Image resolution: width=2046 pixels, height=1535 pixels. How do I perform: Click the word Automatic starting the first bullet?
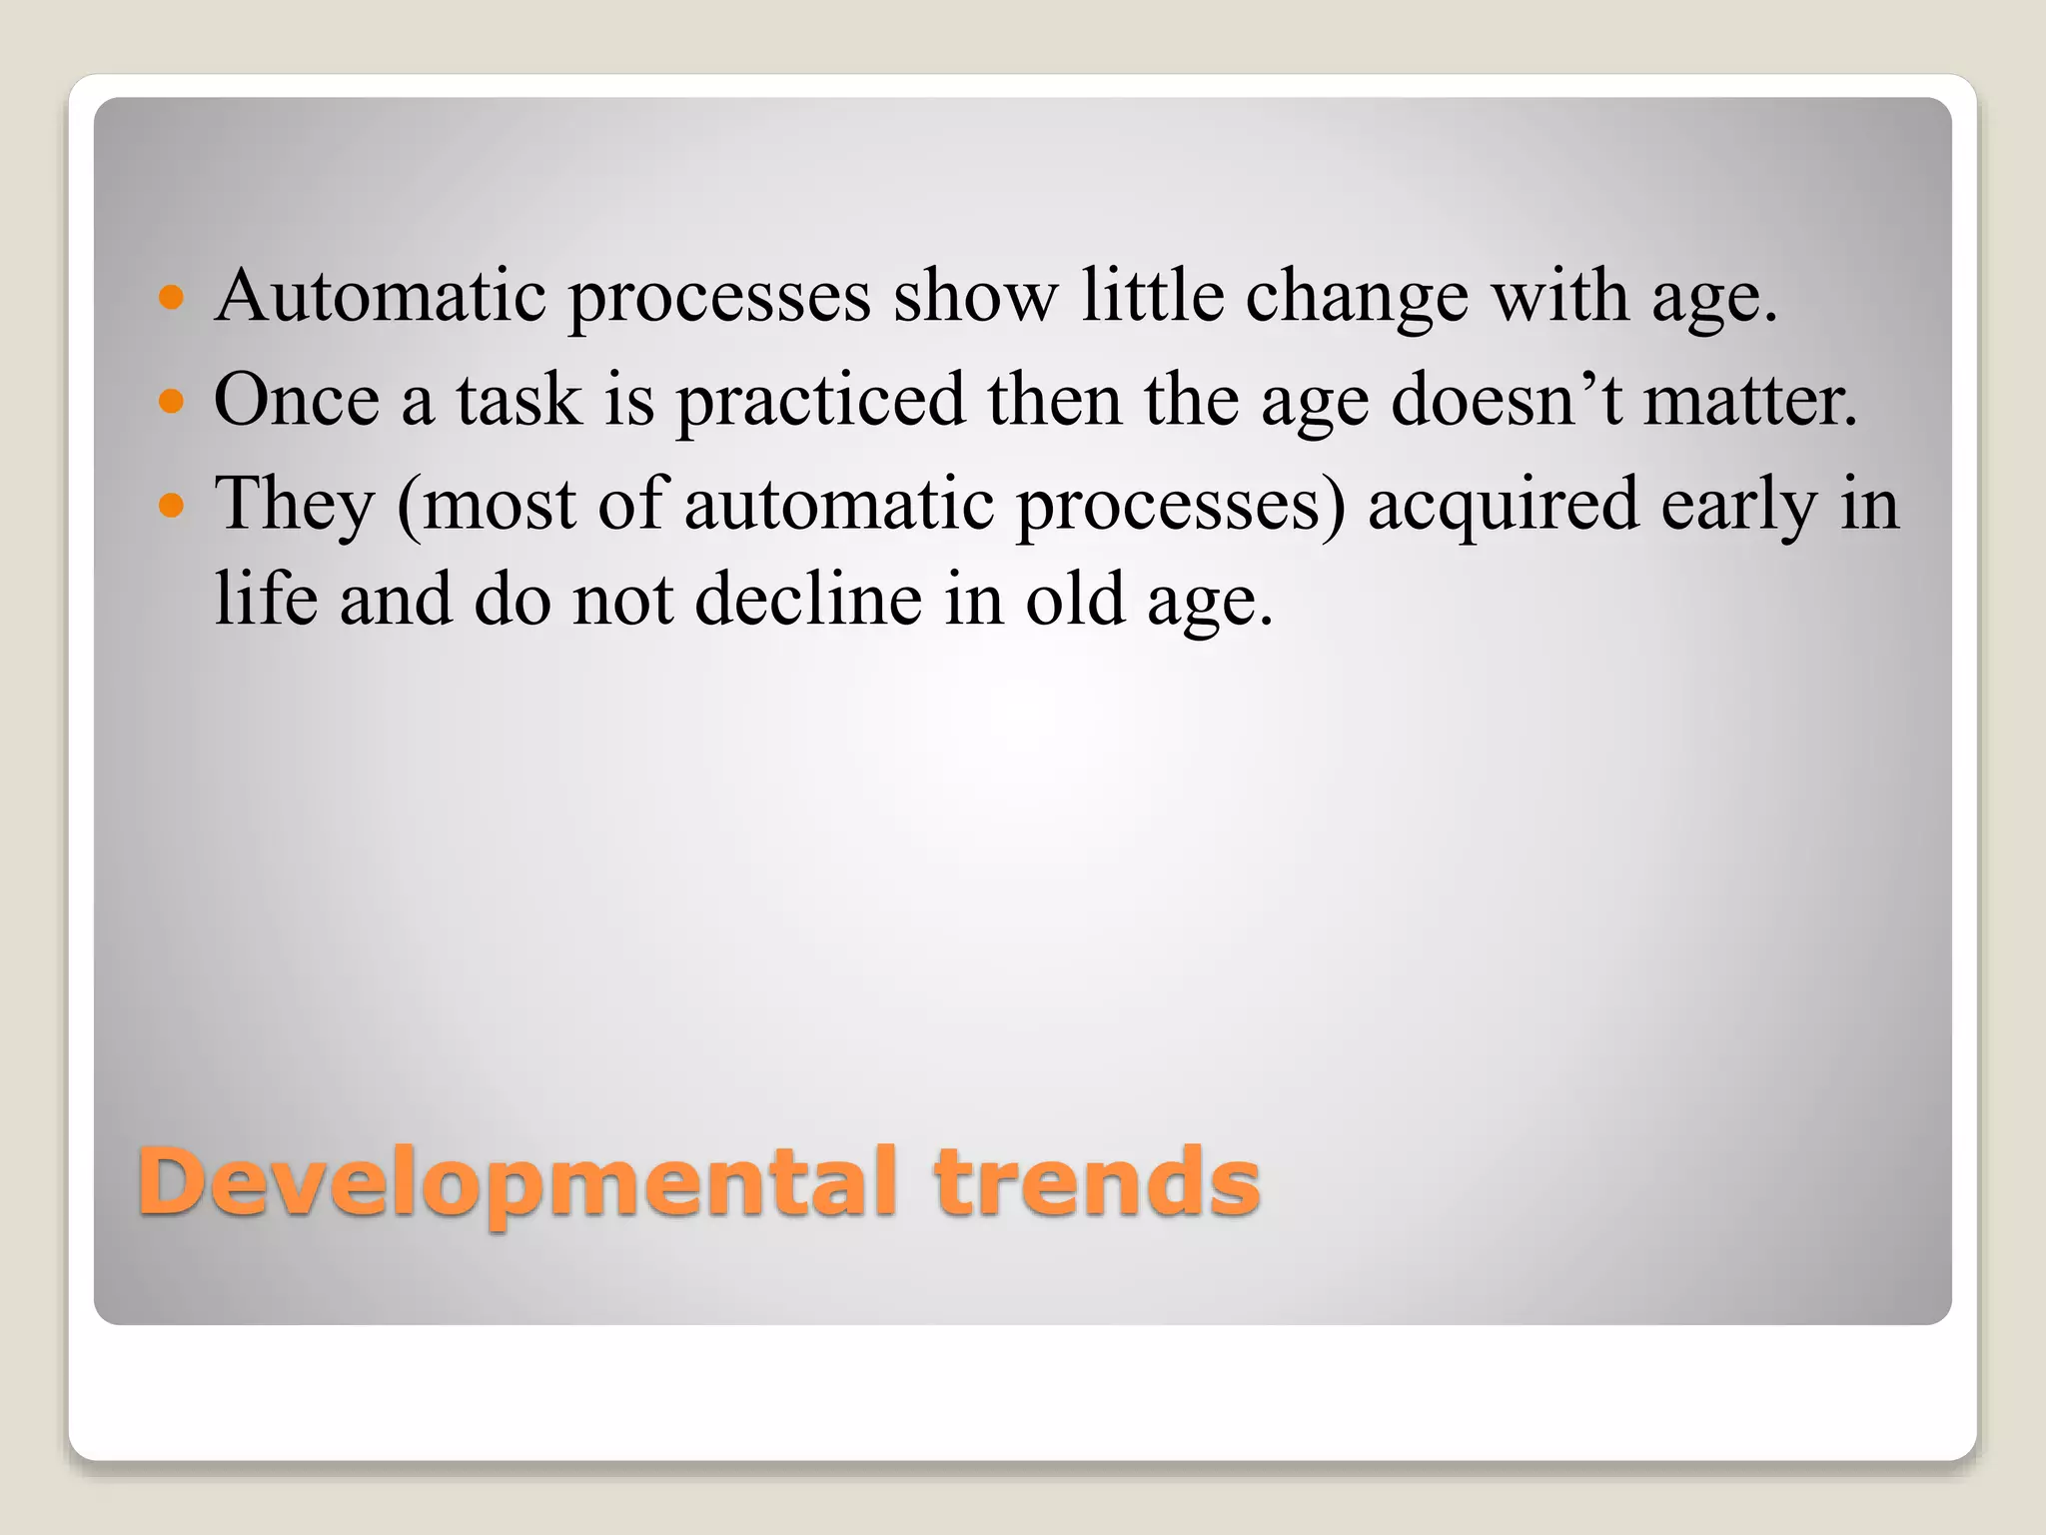(x=381, y=296)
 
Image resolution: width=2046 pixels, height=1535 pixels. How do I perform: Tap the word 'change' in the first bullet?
(x=1357, y=298)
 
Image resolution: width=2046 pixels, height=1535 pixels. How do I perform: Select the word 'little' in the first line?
(x=1153, y=296)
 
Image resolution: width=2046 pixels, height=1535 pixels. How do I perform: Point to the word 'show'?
(x=975, y=296)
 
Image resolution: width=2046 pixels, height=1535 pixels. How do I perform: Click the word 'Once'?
(x=297, y=400)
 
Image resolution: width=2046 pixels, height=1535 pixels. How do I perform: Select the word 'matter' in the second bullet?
(x=1749, y=400)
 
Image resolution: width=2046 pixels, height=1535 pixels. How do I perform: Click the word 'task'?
(x=518, y=400)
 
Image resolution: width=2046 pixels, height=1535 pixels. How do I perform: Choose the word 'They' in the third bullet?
(x=295, y=505)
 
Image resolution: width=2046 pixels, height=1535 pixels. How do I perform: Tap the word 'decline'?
(x=808, y=600)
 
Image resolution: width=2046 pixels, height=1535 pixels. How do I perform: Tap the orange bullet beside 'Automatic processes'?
(x=172, y=297)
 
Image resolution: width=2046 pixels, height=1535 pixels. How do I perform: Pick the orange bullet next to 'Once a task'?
(x=172, y=401)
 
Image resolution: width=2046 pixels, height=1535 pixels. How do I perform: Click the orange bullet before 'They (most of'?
(x=172, y=505)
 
